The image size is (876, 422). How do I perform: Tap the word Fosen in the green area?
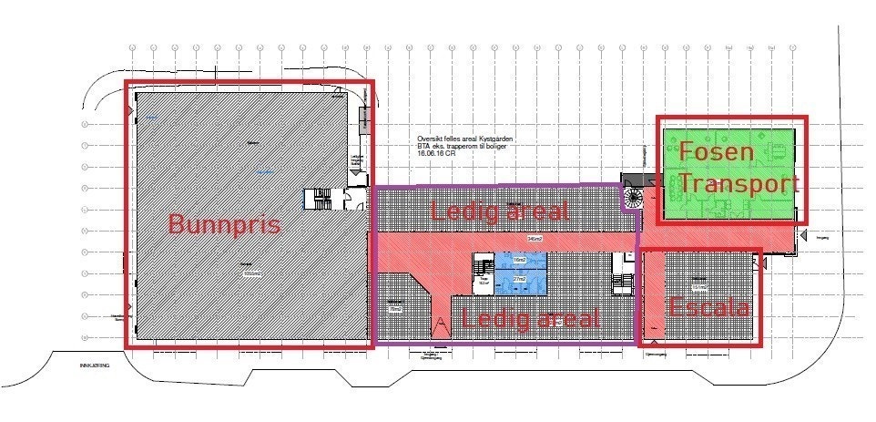point(717,151)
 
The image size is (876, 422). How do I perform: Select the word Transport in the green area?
point(738,185)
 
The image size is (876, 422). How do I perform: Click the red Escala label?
point(709,307)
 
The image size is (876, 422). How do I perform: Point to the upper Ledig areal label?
point(500,211)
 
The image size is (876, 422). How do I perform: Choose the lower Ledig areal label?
point(531,319)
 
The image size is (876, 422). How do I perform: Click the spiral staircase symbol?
point(635,196)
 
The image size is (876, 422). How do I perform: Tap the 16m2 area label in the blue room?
point(518,260)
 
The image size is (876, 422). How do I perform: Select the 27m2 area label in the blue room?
point(520,278)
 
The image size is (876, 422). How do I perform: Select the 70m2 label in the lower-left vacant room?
point(395,310)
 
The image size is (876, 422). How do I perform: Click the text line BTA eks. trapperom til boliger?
point(459,147)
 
